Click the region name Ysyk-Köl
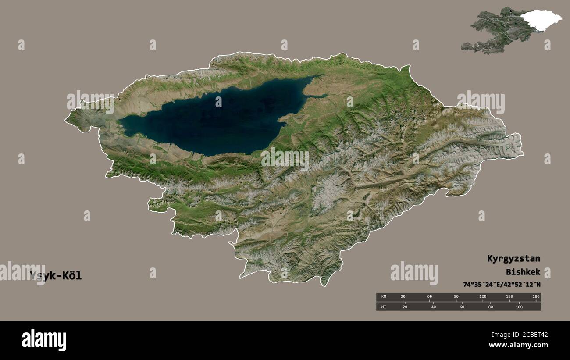tap(56, 276)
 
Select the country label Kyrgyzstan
tap(513, 258)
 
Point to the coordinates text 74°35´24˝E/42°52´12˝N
tap(502, 284)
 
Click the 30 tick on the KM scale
tap(403, 297)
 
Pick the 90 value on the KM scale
tap(456, 297)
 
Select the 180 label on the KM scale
tap(536, 297)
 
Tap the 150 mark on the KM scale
tap(509, 297)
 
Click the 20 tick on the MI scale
tap(405, 307)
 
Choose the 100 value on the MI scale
tap(519, 307)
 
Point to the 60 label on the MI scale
tap(462, 307)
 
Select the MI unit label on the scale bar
tap(383, 307)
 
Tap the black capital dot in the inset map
tap(510, 11)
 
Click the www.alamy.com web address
tap(518, 345)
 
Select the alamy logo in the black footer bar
tap(44, 340)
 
